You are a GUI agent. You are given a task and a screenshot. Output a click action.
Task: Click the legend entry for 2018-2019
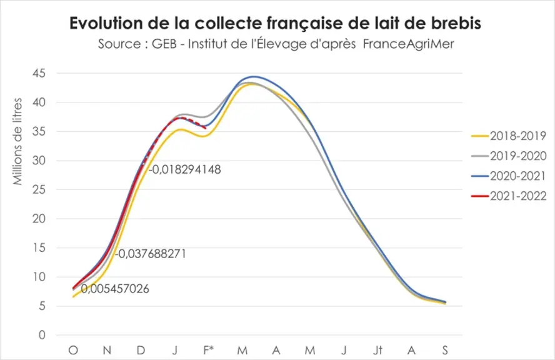tap(509, 136)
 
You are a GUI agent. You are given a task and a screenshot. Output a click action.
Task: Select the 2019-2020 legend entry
tap(509, 156)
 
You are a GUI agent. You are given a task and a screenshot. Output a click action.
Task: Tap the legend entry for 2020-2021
tap(509, 176)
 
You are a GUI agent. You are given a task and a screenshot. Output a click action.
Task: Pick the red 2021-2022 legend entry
tap(509, 196)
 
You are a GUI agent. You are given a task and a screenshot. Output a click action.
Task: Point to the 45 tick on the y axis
tap(39, 73)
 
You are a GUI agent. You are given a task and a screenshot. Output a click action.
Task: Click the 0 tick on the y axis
tap(42, 335)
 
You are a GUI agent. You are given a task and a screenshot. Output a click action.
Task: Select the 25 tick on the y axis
tap(39, 190)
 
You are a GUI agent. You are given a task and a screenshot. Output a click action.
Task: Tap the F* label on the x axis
tap(209, 350)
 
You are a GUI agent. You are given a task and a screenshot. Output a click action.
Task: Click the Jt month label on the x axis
tap(377, 350)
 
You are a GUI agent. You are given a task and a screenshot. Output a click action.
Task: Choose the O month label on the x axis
tap(73, 350)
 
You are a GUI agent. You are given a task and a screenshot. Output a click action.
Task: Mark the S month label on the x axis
tap(445, 350)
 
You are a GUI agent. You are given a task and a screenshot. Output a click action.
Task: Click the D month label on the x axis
tap(141, 350)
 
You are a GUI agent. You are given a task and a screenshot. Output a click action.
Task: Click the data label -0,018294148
tap(184, 169)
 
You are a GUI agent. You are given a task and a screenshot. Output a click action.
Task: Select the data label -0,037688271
tap(151, 254)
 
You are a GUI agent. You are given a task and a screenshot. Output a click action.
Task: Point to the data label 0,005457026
tap(115, 289)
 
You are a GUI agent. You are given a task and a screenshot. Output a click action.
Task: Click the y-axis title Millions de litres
tap(17, 142)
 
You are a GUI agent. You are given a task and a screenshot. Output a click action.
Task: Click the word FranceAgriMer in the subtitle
tap(409, 44)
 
